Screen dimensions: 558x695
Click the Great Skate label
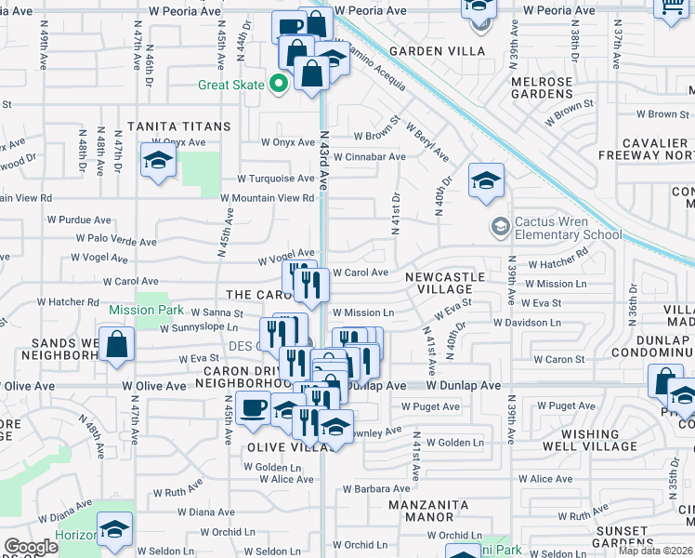click(231, 86)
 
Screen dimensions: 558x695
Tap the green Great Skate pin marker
click(277, 86)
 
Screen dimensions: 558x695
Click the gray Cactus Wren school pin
click(500, 227)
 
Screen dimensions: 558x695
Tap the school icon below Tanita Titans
click(158, 161)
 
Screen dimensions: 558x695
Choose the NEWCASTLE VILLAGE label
click(445, 283)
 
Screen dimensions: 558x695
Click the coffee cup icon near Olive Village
click(252, 407)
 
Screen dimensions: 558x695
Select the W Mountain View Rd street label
click(268, 198)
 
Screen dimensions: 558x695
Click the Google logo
click(32, 547)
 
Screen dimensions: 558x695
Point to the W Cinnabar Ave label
click(370, 157)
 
